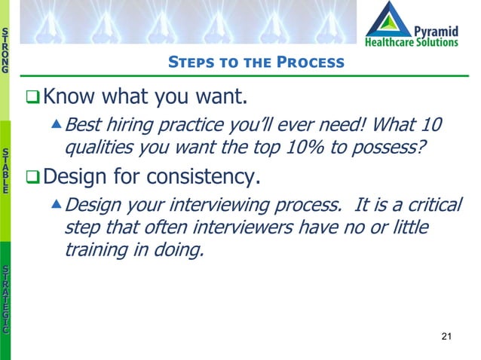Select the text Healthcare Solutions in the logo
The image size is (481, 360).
411,42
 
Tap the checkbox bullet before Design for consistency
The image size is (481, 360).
31,178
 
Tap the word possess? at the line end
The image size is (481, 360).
403,148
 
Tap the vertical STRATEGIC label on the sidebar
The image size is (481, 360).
6,299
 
